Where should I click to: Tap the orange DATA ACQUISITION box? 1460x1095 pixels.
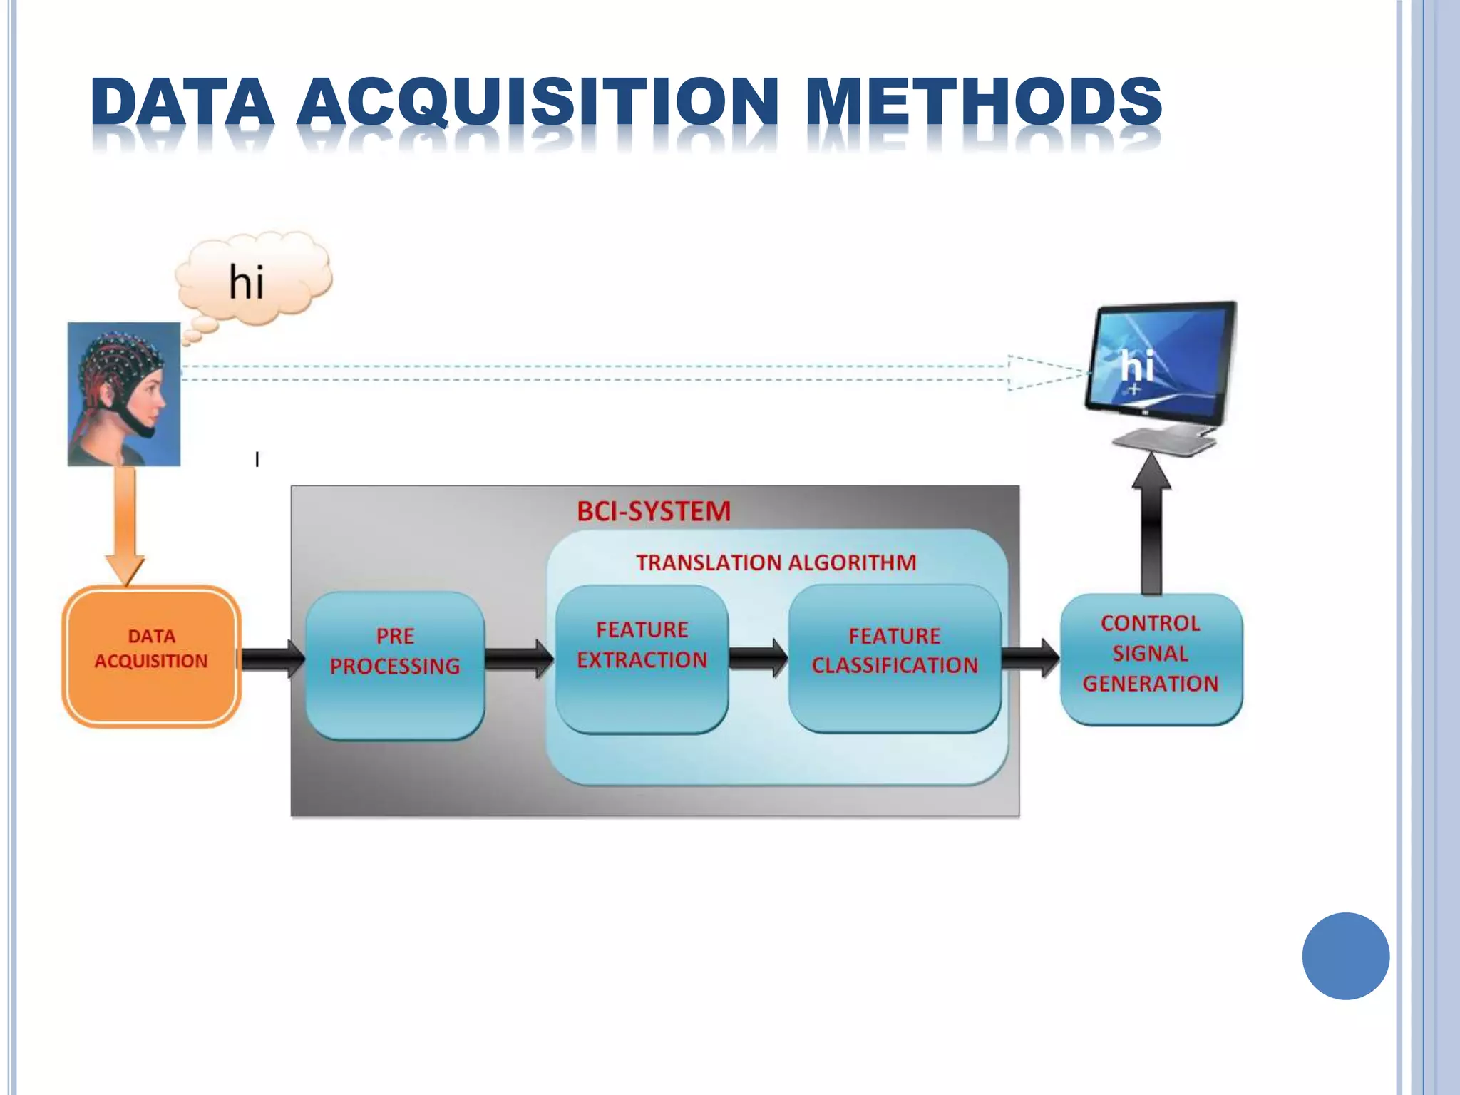(151, 656)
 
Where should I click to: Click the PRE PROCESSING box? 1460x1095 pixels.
(395, 664)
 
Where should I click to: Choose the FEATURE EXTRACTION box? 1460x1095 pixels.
(642, 659)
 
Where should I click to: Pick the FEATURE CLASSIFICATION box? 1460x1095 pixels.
(895, 657)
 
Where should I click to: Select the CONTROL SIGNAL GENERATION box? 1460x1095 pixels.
(1151, 659)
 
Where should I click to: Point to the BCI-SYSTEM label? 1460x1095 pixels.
(654, 511)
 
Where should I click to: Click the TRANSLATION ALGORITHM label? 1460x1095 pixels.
(776, 562)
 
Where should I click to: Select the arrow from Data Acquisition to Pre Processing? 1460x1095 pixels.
(273, 659)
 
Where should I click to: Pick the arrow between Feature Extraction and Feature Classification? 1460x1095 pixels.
(758, 657)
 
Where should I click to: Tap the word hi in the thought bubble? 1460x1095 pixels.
(247, 282)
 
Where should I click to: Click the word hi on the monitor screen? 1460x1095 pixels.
(1136, 366)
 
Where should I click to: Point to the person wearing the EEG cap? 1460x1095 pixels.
(124, 394)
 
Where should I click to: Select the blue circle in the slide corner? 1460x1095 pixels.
(1345, 956)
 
